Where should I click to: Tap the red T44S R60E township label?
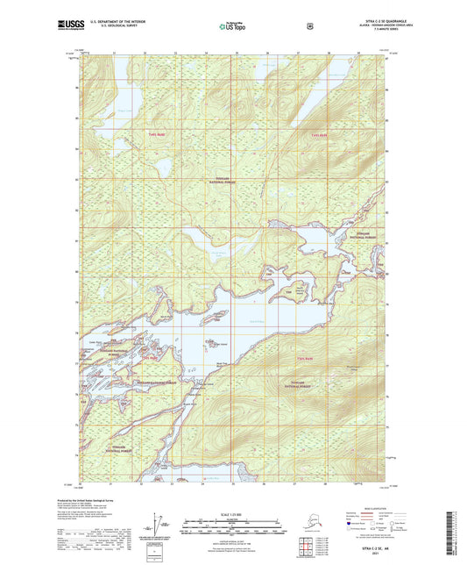tap(157, 133)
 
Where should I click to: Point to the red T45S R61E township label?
tap(305, 359)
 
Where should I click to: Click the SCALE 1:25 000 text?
tap(232, 513)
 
